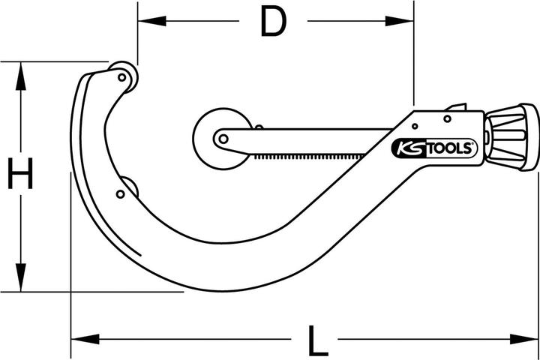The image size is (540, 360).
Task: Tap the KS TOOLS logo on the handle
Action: pos(434,148)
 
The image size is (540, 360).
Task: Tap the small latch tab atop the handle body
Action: pos(454,108)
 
